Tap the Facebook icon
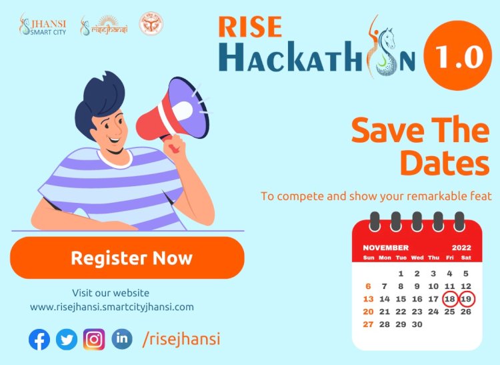39,340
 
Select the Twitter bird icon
67,340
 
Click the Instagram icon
94,340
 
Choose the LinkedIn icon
121,339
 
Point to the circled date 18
450,298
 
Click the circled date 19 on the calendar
466,298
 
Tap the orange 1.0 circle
461,57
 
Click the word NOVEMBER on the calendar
386,248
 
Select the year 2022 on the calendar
461,248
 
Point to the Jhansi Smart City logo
43,25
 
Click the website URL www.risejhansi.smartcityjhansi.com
111,307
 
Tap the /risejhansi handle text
181,340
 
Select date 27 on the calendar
369,324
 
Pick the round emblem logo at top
151,25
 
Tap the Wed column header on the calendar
417,258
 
